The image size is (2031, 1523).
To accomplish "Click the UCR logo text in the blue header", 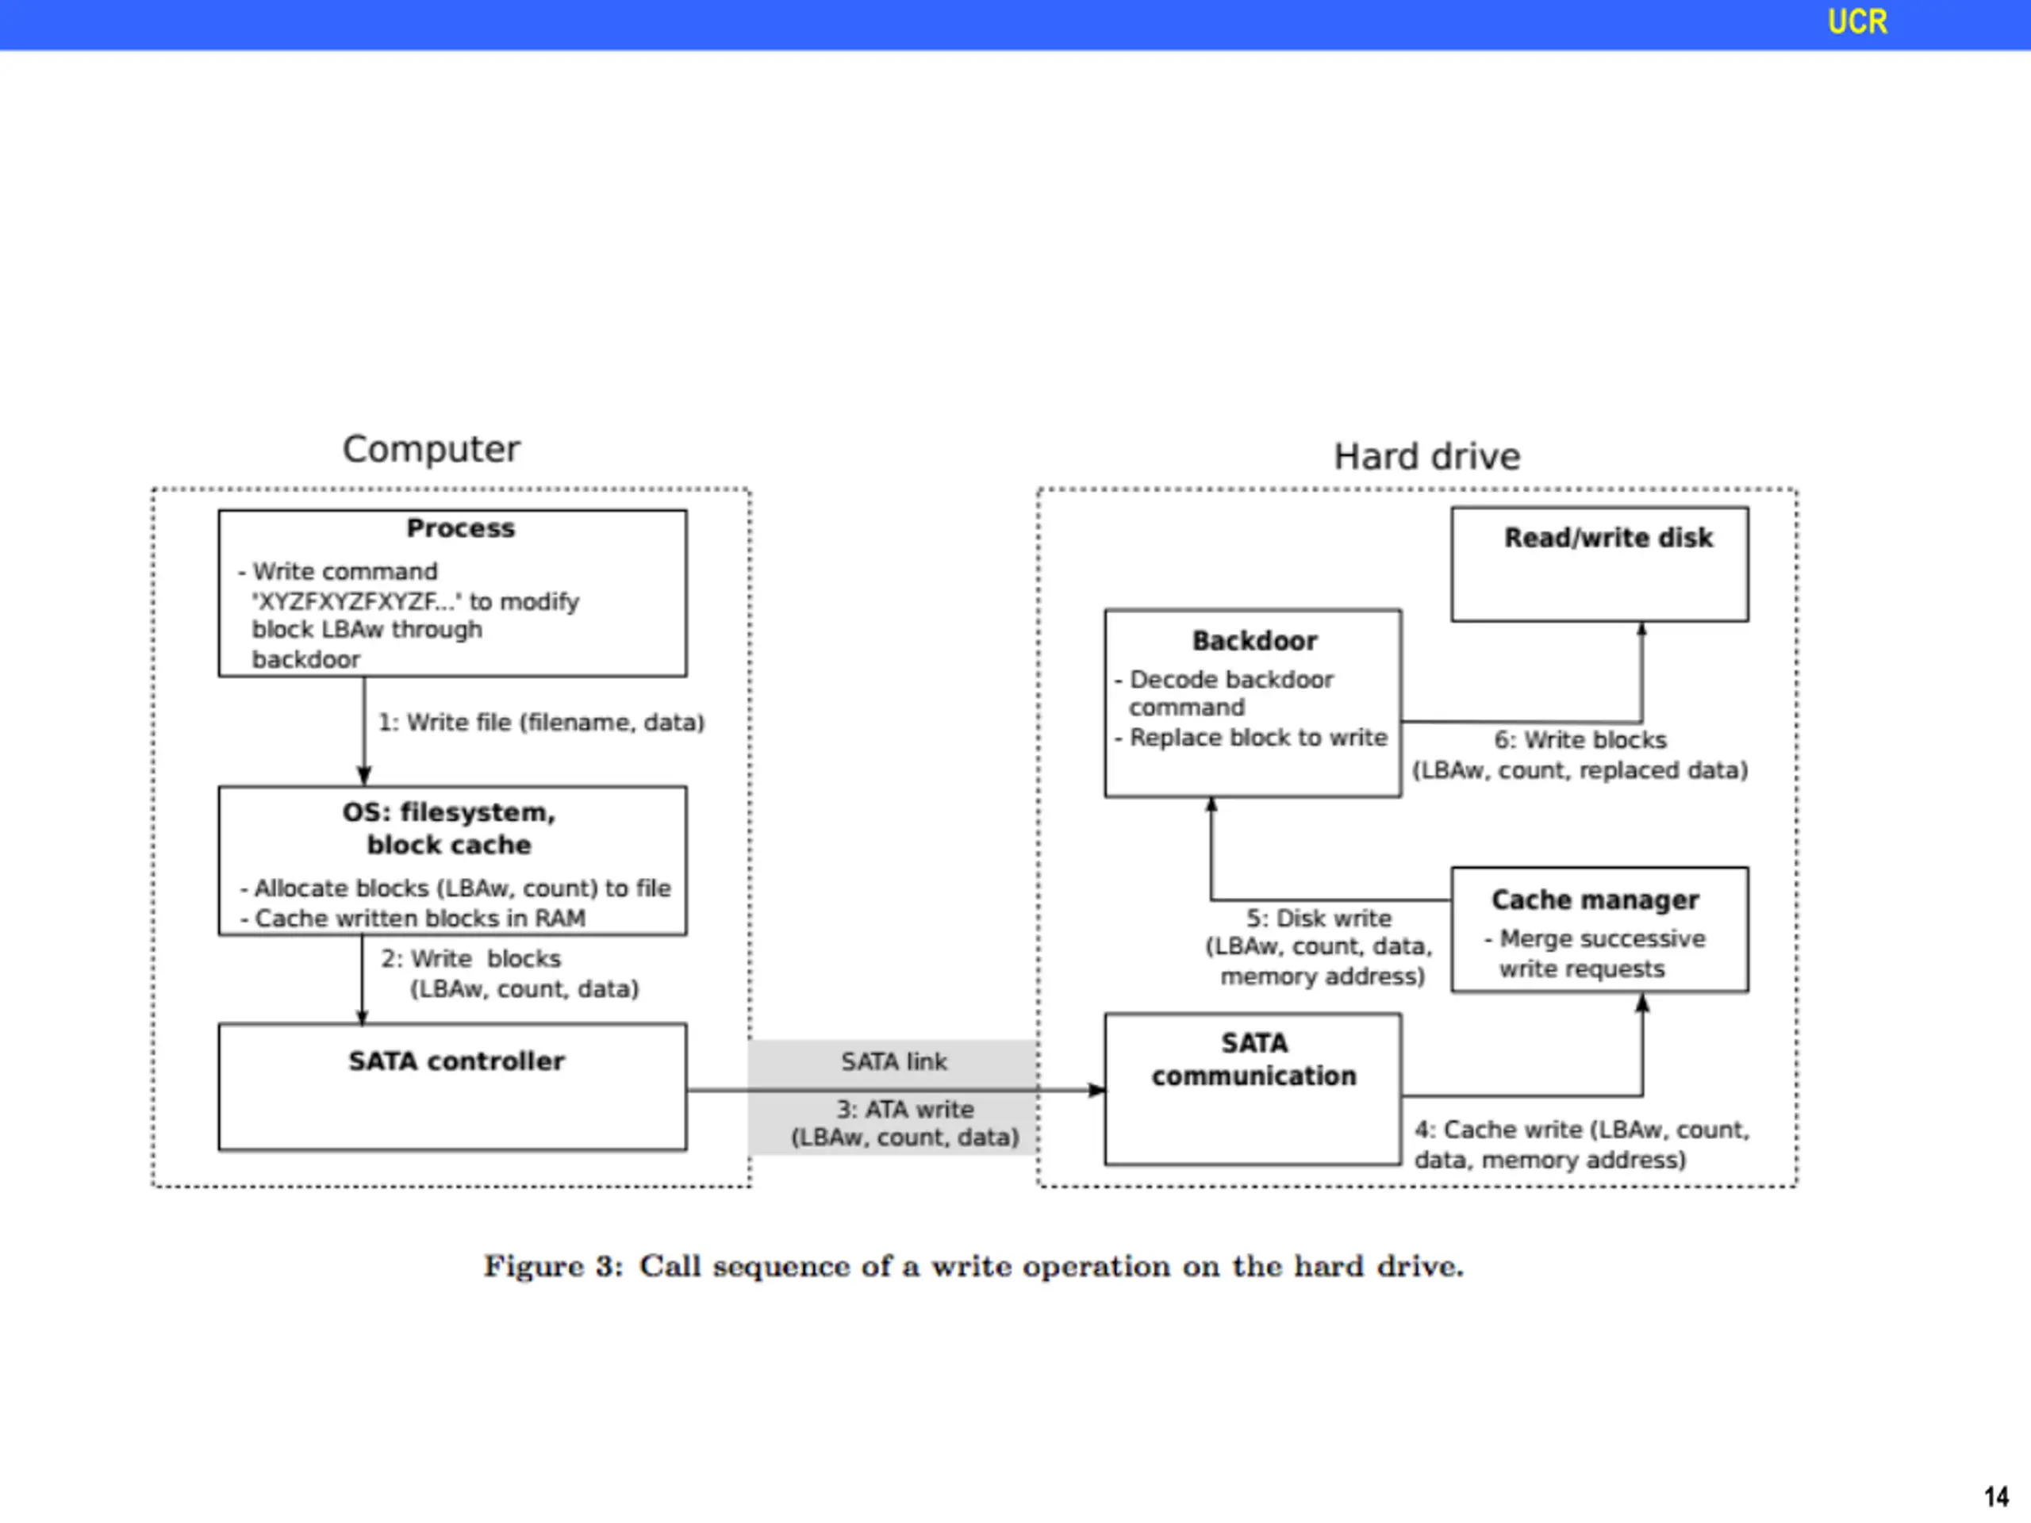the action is point(1856,21).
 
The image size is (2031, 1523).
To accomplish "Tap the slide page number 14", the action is point(1996,1496).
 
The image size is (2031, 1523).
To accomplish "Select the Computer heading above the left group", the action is point(431,449).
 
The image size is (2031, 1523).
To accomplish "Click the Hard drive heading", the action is point(1426,456).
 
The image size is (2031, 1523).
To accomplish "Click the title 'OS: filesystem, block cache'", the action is point(449,828).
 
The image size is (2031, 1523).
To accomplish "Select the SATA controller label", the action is point(456,1061).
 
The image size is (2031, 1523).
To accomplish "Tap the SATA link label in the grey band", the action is point(894,1061).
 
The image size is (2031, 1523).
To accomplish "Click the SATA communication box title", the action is point(1254,1060).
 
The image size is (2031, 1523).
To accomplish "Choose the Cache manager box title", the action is point(1595,900).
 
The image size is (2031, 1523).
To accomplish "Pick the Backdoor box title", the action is point(1254,641).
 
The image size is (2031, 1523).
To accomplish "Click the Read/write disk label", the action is point(1607,537).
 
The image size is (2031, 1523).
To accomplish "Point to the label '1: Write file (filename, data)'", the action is point(542,723).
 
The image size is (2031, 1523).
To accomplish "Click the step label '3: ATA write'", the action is point(904,1109).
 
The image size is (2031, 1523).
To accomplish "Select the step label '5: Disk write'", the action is point(1319,918).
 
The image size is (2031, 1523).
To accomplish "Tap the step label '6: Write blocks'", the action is point(1580,740).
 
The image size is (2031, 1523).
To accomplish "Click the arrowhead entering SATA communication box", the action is point(1097,1091).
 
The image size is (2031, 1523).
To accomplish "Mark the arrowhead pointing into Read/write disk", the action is point(1641,629).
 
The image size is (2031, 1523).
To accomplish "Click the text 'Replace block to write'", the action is point(1258,737).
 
